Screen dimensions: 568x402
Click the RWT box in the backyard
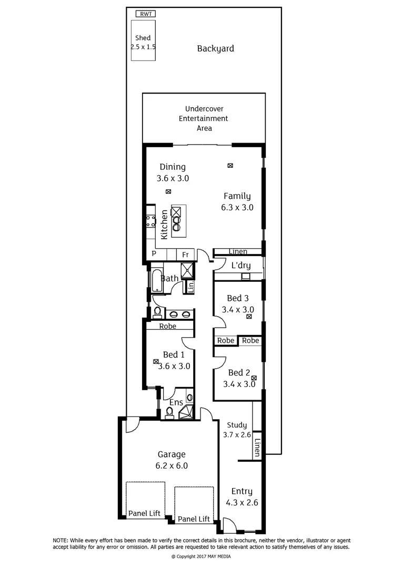(x=145, y=14)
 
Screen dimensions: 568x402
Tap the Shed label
(x=143, y=38)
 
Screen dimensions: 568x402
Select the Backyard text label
(x=215, y=49)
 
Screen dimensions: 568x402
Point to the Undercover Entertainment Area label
(x=203, y=118)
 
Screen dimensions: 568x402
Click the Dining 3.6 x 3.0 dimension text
(x=173, y=178)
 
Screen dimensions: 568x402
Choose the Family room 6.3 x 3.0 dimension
(x=237, y=207)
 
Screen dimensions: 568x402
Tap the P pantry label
(x=154, y=254)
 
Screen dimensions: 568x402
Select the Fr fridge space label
(x=185, y=255)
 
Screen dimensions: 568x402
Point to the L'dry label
(x=241, y=266)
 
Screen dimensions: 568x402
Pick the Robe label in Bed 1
(x=168, y=327)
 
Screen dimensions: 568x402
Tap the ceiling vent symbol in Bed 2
(x=254, y=378)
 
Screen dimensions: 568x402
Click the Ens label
(x=176, y=403)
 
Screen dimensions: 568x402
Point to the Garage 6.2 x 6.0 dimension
(x=172, y=465)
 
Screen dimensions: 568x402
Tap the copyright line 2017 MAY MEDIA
(x=200, y=556)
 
